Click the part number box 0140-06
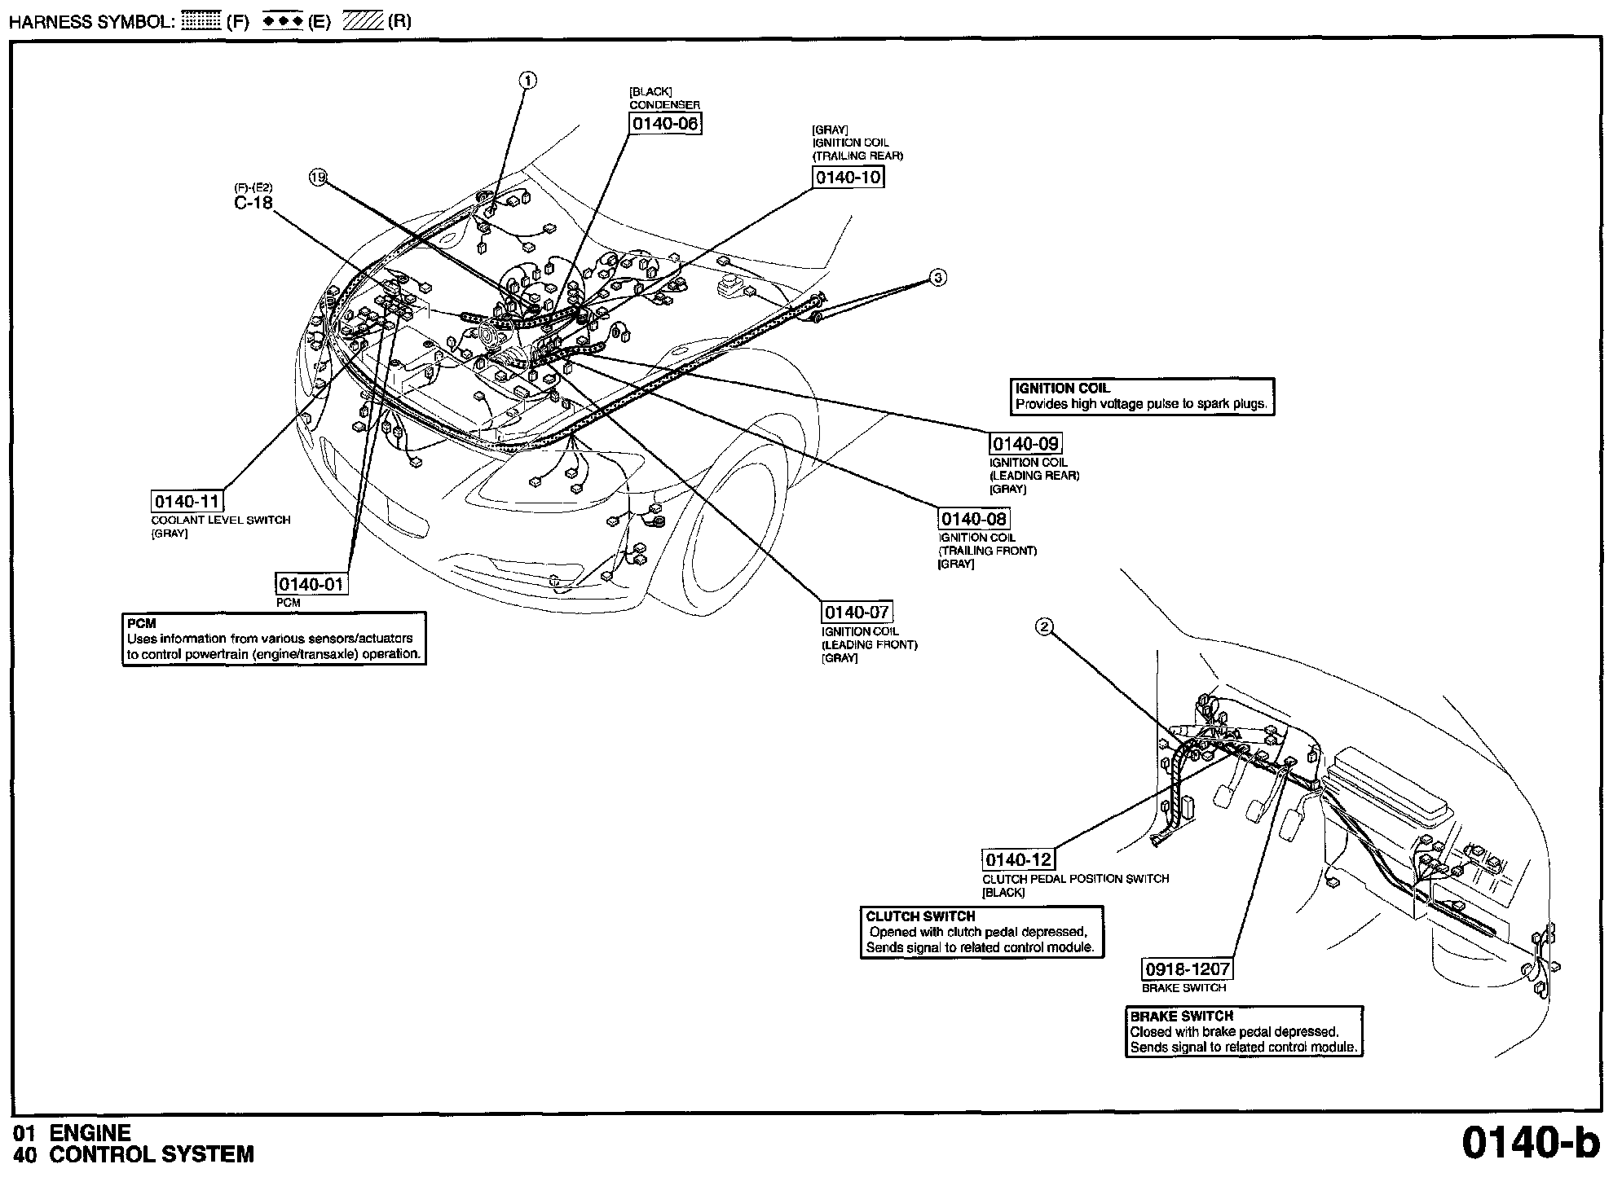click(x=665, y=124)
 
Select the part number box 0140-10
click(x=848, y=177)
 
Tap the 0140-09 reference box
click(x=1025, y=444)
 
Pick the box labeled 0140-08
click(x=973, y=519)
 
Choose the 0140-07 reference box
click(x=857, y=613)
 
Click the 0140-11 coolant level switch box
click(x=187, y=502)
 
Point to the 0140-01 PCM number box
click(x=311, y=584)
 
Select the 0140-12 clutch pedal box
click(x=1018, y=860)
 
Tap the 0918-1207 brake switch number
click(x=1187, y=969)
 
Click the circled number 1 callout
click(x=528, y=80)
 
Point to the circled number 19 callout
click(x=318, y=178)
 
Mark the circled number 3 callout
click(x=938, y=278)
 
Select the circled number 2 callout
click(x=1044, y=626)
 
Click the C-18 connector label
click(x=253, y=203)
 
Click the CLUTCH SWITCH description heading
click(x=920, y=916)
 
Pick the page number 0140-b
click(x=1530, y=1142)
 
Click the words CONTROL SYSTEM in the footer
click(x=152, y=1154)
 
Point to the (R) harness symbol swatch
click(x=363, y=22)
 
